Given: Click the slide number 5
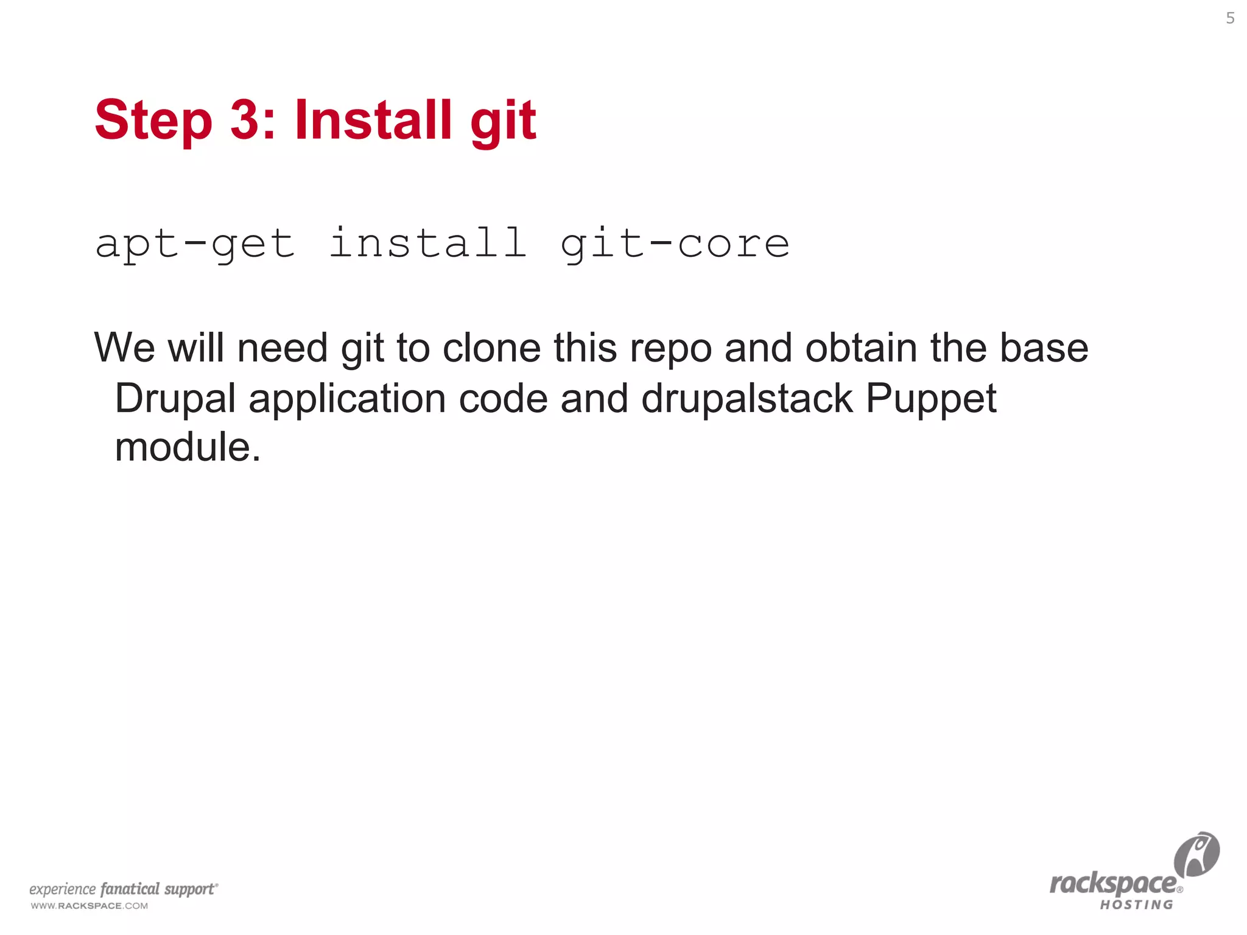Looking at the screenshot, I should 1230,18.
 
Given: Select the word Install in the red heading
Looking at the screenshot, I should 373,119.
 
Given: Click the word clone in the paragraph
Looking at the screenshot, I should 491,348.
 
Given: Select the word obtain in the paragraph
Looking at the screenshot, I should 861,348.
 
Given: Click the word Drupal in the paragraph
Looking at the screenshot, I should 175,399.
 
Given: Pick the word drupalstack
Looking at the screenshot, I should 747,399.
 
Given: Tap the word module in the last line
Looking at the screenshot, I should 183,447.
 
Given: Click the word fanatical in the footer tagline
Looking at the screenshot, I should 130,889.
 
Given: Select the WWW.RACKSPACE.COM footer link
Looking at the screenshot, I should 90,906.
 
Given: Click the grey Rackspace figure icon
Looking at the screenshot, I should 1196,855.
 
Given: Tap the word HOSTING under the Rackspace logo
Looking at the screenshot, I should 1136,905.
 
